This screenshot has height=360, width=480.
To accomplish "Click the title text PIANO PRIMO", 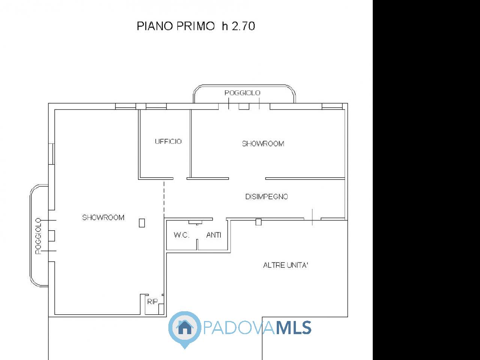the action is [175, 26].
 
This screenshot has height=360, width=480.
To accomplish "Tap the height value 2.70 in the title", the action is [243, 26].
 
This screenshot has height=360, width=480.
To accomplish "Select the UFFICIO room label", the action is [168, 141].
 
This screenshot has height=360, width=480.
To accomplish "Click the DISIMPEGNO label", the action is [267, 197].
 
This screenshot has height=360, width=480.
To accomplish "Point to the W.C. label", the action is [181, 235].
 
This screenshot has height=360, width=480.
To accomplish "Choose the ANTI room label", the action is [214, 235].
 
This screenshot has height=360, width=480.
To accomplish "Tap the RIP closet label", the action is [152, 302].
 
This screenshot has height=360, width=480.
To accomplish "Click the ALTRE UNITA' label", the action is [286, 265].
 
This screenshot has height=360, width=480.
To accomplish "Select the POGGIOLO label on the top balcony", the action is [242, 93].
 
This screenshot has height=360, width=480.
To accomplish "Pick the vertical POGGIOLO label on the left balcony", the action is [38, 236].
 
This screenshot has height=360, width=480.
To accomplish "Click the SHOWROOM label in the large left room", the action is [103, 217].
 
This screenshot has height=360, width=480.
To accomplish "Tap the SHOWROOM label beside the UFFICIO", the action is [263, 144].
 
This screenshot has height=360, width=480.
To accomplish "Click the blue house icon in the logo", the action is [185, 327].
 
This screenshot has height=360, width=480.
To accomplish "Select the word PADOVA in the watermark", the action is [239, 327].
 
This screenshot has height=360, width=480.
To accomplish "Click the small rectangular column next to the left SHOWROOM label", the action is [142, 223].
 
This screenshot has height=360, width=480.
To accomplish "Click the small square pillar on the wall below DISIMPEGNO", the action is [258, 222].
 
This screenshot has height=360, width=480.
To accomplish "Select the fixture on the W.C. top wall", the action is [195, 222].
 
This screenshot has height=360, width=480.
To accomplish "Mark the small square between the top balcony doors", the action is [244, 106].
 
